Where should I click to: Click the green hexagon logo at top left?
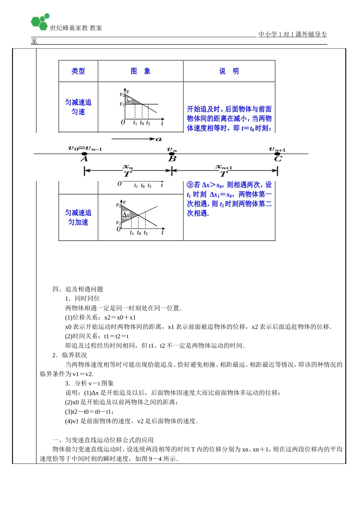coord(40,22)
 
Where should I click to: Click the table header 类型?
coord(78,71)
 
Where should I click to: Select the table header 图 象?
coord(141,71)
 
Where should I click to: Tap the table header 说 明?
coord(229,71)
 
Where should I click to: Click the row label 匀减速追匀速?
coord(78,107)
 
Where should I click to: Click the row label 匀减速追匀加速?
coord(78,217)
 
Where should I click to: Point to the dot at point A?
coord(84,154)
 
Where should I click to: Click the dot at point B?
coord(172,154)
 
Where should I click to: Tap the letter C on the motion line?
coord(278,159)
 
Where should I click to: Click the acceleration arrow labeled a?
coord(136,139)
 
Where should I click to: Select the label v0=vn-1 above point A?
coord(85,148)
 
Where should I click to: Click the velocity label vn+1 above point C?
coord(277,149)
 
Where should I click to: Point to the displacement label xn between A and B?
coord(128,167)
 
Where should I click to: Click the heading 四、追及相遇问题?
coord(78,289)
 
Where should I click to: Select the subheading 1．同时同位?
coord(82,298)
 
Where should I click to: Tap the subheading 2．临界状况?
coord(70,355)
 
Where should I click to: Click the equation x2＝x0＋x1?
coord(120,317)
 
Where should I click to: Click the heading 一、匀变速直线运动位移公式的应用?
coord(103,440)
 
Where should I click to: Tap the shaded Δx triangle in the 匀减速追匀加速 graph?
coord(126,213)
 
